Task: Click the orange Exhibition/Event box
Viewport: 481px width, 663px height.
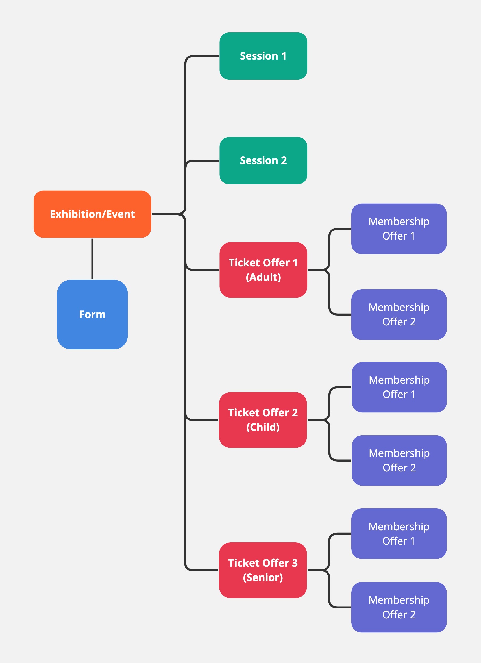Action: pos(92,214)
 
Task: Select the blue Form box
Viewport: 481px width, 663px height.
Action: pos(92,314)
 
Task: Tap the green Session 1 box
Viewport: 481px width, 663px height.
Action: pos(263,56)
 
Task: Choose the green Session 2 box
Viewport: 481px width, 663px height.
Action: pos(263,160)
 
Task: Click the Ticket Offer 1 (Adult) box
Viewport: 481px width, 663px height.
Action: pos(263,270)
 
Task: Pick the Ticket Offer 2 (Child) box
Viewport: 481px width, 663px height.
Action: pos(263,420)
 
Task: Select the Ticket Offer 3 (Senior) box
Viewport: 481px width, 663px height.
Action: pos(263,570)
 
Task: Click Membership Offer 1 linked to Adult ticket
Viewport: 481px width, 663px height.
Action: pos(399,229)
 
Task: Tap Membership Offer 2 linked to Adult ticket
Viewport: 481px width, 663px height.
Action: pos(399,314)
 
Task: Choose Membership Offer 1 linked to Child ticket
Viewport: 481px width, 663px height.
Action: pos(399,387)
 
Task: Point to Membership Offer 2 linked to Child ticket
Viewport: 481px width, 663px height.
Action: pos(399,460)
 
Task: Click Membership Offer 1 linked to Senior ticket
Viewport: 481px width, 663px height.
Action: pos(399,534)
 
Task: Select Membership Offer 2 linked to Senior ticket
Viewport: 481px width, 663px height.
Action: pos(399,607)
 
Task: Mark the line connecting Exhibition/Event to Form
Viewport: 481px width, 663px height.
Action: pos(92,258)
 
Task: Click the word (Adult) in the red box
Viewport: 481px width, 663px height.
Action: pos(263,277)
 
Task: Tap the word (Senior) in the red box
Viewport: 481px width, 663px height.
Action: pos(263,577)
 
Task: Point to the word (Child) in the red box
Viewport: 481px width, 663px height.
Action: pos(263,427)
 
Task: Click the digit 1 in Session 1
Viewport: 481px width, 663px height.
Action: pos(284,56)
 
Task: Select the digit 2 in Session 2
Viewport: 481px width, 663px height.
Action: pos(284,160)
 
